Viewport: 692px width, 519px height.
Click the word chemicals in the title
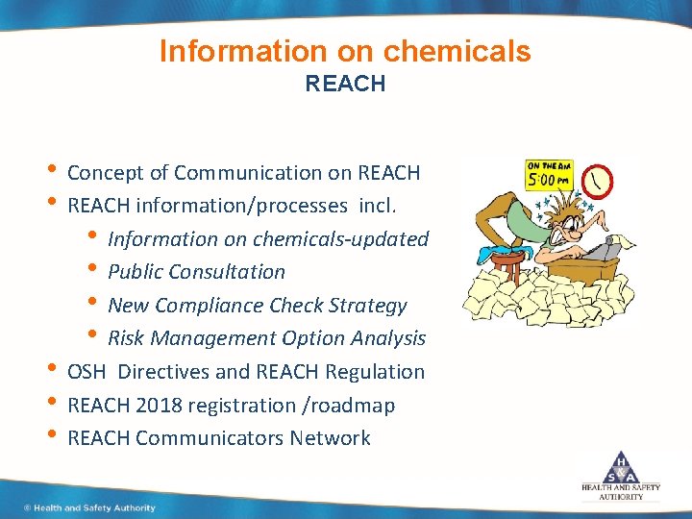(x=458, y=51)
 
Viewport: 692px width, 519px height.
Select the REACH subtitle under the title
(x=345, y=84)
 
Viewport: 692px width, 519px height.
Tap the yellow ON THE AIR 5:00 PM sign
(x=551, y=175)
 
